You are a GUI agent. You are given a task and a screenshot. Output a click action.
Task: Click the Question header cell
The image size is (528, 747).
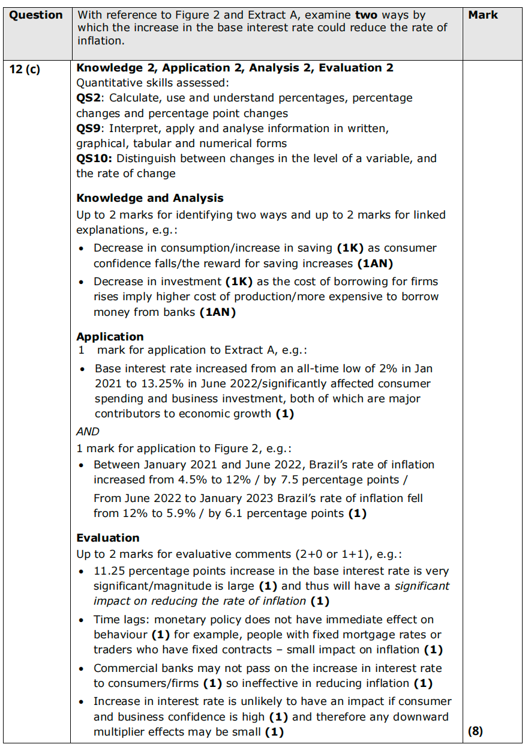tap(36, 15)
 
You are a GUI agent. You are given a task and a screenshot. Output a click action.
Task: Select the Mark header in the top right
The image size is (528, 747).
tap(483, 15)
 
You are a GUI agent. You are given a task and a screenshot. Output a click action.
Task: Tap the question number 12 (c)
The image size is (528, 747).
tap(25, 68)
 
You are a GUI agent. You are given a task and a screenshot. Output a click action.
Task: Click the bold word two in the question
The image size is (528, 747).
tap(364, 15)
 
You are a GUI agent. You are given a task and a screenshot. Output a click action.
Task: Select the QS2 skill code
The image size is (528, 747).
tap(89, 98)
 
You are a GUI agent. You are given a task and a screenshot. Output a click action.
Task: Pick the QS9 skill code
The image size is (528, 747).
tap(89, 129)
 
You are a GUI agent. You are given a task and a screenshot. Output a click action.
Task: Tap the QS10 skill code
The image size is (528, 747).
tap(92, 159)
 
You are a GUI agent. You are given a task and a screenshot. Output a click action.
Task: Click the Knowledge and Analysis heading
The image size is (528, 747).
tap(149, 198)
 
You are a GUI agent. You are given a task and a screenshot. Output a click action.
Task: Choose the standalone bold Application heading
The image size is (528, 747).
tap(110, 336)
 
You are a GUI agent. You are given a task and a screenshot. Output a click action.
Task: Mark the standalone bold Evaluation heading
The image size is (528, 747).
tap(107, 537)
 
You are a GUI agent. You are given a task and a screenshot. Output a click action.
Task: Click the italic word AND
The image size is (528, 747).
tap(88, 431)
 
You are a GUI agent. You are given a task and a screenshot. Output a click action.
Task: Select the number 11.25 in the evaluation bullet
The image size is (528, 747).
tap(109, 571)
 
